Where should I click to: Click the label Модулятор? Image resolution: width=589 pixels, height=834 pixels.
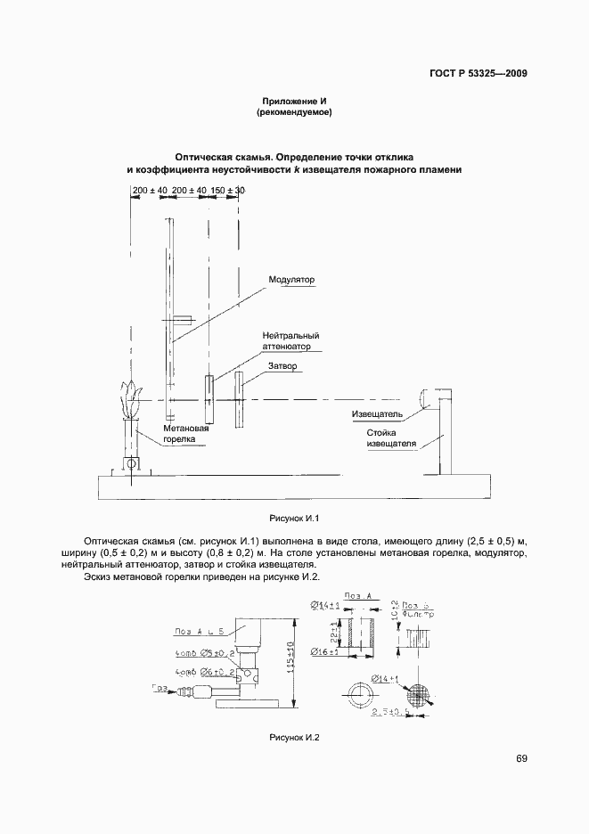(x=292, y=280)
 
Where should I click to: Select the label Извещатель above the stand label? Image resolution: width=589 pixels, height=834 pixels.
(x=378, y=414)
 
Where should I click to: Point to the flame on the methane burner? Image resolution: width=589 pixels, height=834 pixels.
(x=130, y=403)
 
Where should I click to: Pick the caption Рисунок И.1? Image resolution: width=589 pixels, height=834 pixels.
(x=293, y=518)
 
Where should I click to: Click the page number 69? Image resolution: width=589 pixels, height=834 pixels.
(x=521, y=758)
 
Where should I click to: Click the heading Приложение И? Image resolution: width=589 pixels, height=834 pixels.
(x=293, y=100)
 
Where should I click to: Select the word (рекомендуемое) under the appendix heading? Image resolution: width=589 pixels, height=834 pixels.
(x=293, y=113)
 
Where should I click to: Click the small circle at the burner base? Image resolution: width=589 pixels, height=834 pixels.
(x=131, y=463)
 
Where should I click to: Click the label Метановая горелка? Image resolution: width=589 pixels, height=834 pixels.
(x=184, y=434)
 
